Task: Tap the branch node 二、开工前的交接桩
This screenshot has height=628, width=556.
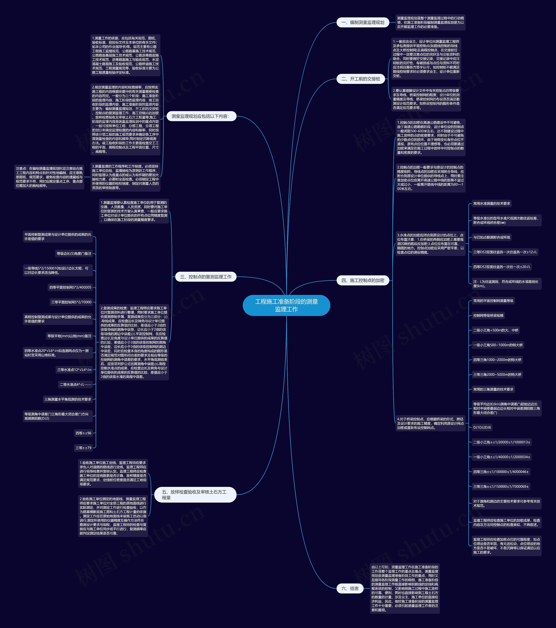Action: tap(361, 79)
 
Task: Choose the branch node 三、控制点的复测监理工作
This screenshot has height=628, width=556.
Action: tap(206, 277)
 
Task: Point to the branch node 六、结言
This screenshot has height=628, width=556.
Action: tap(350, 589)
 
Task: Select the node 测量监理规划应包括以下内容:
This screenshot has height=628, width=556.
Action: tap(200, 116)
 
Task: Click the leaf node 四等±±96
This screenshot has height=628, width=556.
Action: tap(83, 433)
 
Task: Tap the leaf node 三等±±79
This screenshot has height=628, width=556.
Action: tap(83, 448)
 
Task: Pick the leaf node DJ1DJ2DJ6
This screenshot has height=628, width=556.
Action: tap(482, 427)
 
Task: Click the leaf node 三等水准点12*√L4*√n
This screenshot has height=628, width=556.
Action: tap(74, 370)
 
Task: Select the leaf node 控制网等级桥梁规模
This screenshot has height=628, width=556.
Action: tap(488, 316)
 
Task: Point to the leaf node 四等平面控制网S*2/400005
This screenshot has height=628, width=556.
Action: tap(70, 287)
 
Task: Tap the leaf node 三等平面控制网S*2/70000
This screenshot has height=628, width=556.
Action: tap(71, 302)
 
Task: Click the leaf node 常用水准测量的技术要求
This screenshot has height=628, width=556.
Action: tap(491, 203)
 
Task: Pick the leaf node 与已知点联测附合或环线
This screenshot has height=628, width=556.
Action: tap(491, 237)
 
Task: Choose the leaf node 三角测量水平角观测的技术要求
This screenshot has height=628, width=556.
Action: tap(68, 399)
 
